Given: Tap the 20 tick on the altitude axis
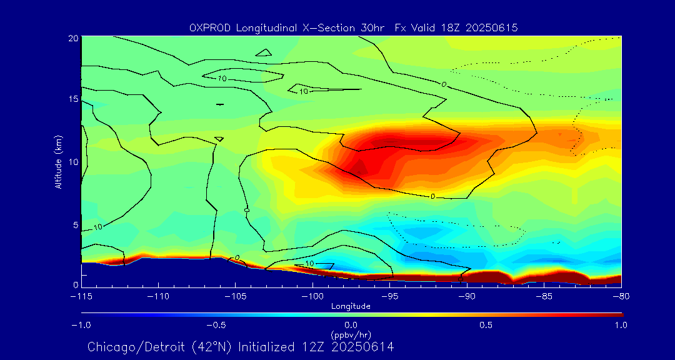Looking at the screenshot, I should tap(73, 38).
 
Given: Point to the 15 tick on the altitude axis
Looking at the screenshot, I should tap(73, 99).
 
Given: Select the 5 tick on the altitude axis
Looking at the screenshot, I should tap(74, 224).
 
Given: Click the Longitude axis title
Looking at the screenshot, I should tap(351, 306).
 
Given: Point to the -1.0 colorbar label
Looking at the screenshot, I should tap(81, 325).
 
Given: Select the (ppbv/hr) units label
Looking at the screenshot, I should tap(351, 335).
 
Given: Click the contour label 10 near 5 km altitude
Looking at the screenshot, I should tap(97, 227).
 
